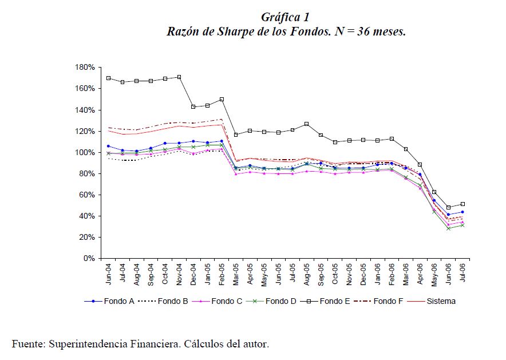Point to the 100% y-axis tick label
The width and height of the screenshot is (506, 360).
click(84, 152)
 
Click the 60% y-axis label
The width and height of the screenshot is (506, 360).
click(86, 195)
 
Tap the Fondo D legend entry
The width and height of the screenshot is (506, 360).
click(279, 301)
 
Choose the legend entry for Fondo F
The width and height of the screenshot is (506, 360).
click(387, 301)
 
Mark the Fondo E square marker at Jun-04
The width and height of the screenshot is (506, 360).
click(108, 78)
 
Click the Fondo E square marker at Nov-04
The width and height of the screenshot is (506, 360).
click(179, 77)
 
